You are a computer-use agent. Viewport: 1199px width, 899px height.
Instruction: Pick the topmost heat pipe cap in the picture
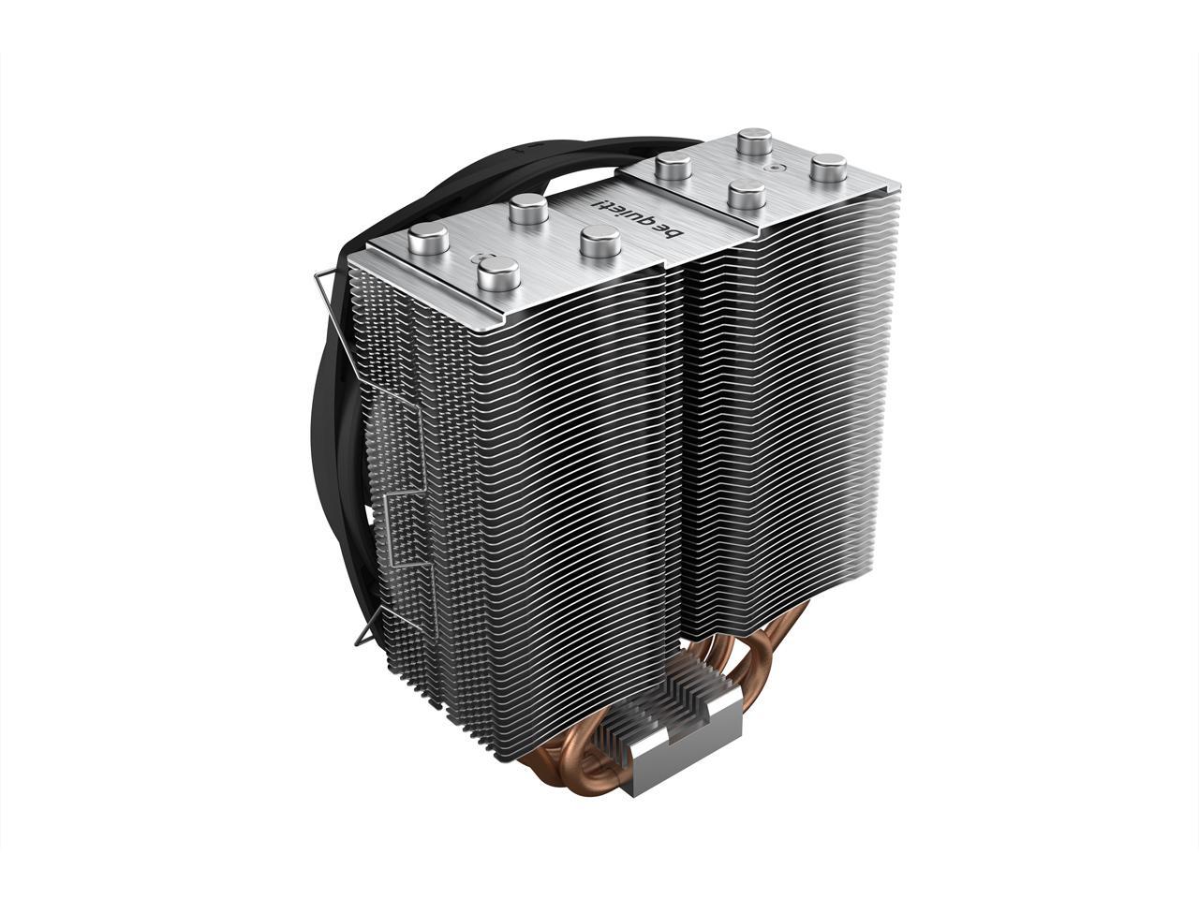click(753, 144)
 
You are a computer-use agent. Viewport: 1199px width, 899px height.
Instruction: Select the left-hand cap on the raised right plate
click(673, 169)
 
